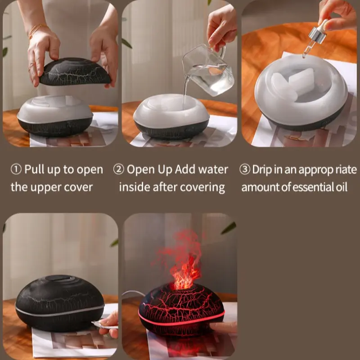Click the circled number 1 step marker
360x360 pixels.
pyautogui.click(x=16, y=170)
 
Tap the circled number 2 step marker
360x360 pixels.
pyautogui.click(x=118, y=170)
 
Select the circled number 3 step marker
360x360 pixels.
pyautogui.click(x=245, y=170)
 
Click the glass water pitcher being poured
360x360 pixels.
pyautogui.click(x=208, y=70)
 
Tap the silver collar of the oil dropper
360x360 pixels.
pyautogui.click(x=318, y=35)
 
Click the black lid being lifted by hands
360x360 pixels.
pyautogui.click(x=75, y=72)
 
